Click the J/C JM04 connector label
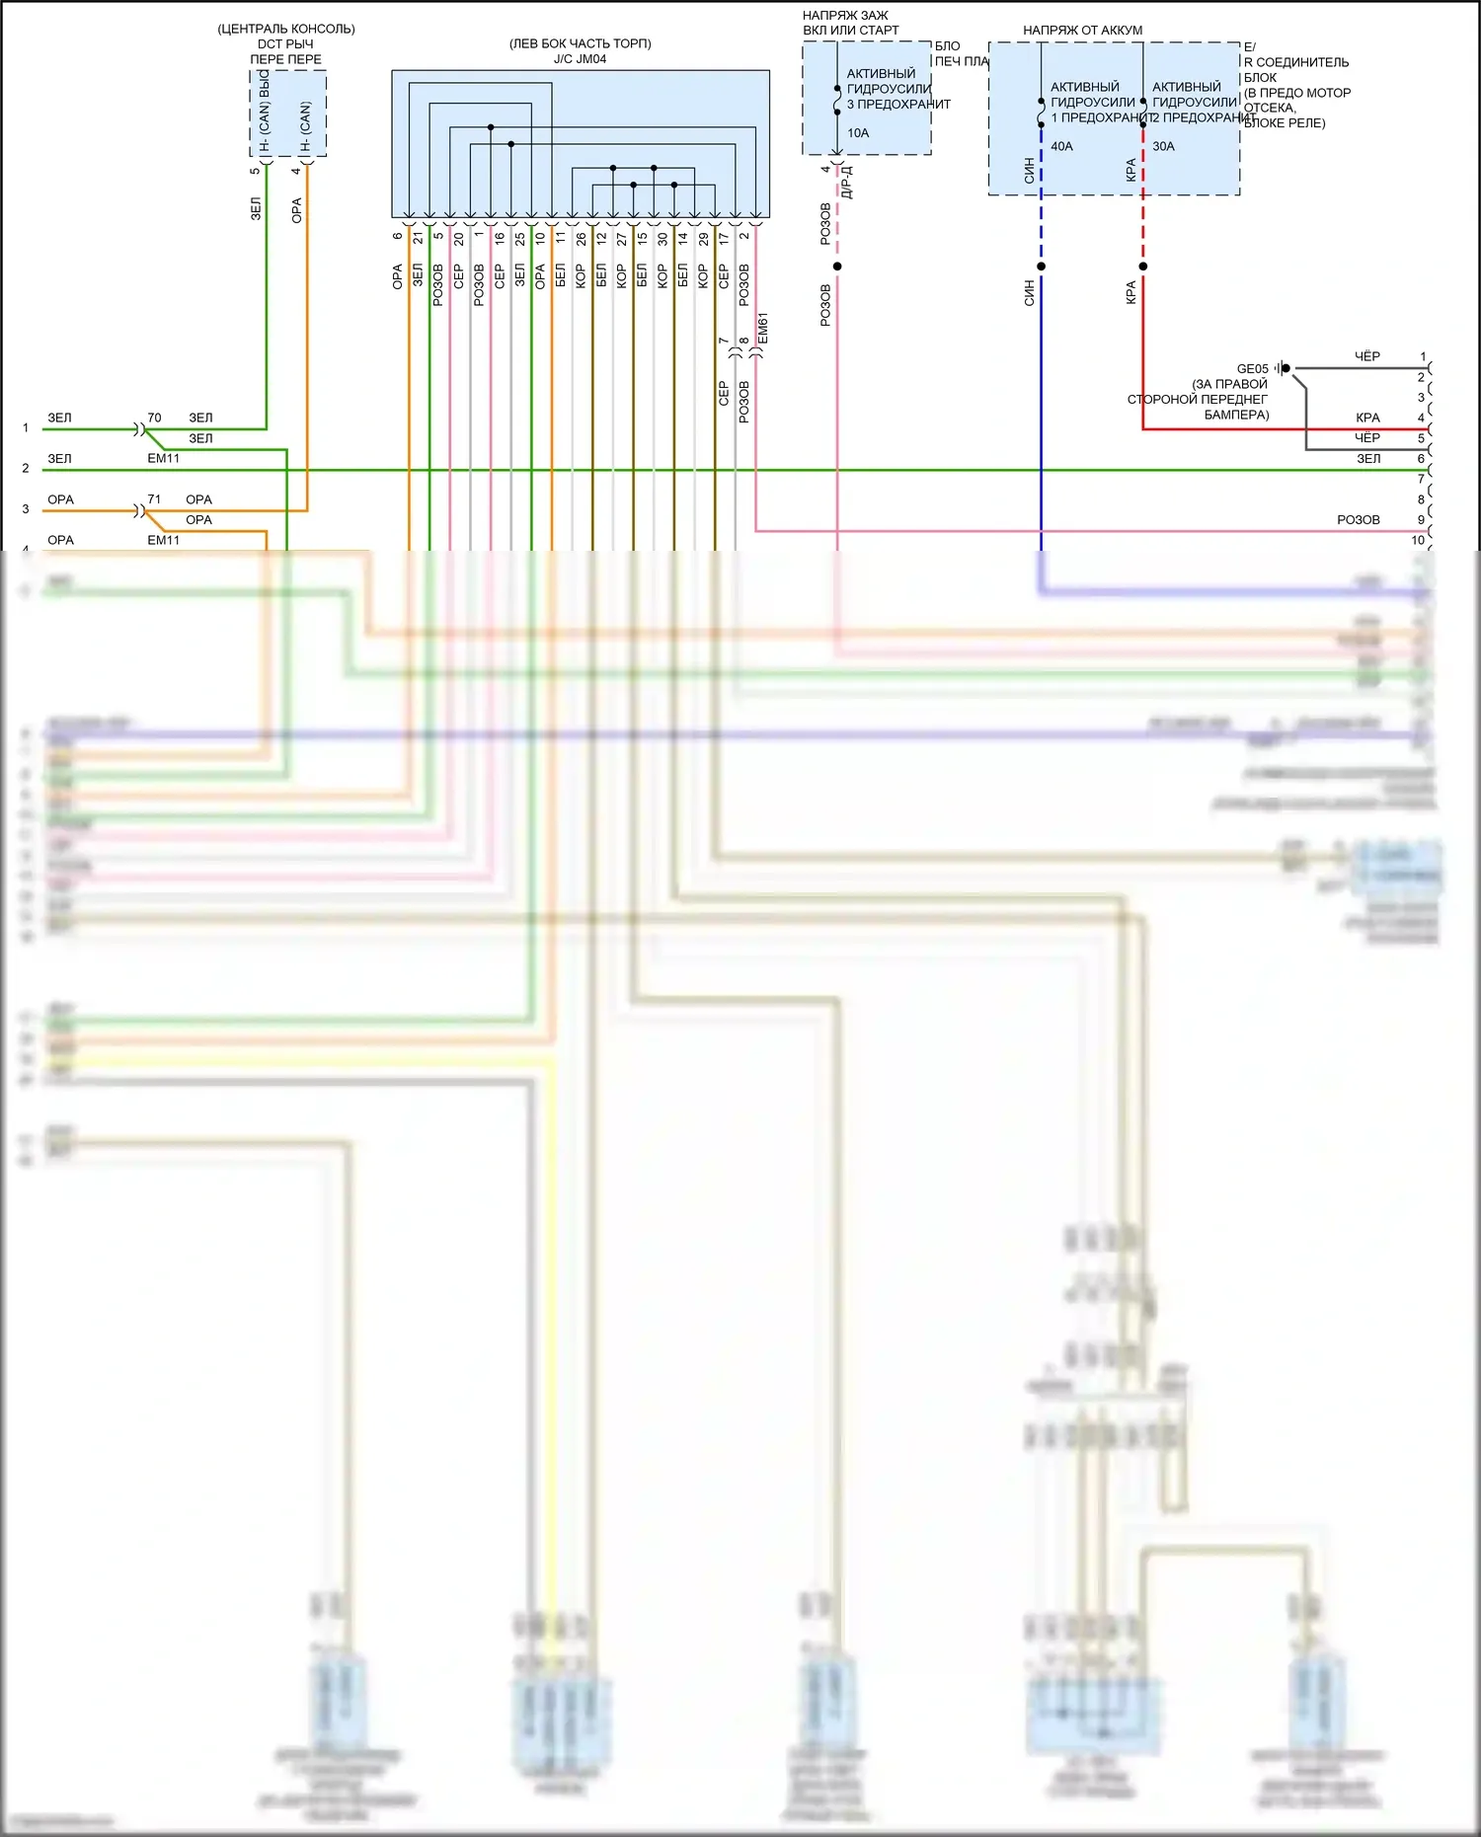(580, 59)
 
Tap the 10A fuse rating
(858, 133)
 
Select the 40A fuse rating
(1061, 147)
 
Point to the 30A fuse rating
(1163, 147)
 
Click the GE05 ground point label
(1252, 369)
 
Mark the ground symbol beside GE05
(1281, 368)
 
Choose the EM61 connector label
(763, 329)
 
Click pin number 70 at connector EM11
(154, 418)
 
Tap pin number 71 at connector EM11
(154, 499)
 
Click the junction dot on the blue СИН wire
(1041, 267)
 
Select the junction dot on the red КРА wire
(1142, 267)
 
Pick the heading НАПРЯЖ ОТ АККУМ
(1082, 31)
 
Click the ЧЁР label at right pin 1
(1366, 356)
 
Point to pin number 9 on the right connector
(1421, 520)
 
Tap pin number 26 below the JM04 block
(581, 239)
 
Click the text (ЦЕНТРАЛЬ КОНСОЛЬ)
(286, 29)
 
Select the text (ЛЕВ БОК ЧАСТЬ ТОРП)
(580, 43)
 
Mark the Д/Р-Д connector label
(847, 183)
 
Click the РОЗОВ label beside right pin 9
(1358, 520)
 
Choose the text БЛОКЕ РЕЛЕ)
(1285, 123)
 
